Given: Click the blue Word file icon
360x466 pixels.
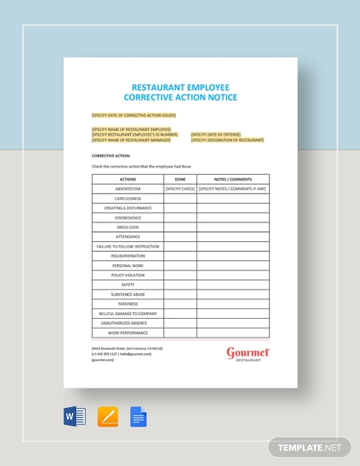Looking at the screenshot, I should click(x=74, y=418).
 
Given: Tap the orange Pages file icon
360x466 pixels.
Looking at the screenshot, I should click(x=107, y=418).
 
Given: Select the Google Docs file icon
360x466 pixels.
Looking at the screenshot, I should click(x=138, y=418).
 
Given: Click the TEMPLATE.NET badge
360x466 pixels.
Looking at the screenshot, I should click(x=308, y=448).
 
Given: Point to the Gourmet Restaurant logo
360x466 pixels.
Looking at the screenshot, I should click(x=248, y=353).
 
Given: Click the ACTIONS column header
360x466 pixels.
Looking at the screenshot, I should click(x=128, y=179).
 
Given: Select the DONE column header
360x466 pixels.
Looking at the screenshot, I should click(x=180, y=179).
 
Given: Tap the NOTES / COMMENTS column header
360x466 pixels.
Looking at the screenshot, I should click(x=232, y=179).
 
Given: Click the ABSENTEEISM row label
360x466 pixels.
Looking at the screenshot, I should click(x=128, y=189).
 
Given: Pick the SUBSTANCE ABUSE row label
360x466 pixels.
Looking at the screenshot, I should click(x=128, y=294).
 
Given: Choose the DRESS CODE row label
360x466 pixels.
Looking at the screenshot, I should click(x=128, y=227).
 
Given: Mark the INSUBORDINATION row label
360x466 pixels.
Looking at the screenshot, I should click(x=128, y=256).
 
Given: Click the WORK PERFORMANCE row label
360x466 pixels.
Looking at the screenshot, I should click(x=128, y=333).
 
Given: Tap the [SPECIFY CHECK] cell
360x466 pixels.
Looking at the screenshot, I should click(x=180, y=189).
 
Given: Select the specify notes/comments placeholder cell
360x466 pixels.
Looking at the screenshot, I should click(x=232, y=189).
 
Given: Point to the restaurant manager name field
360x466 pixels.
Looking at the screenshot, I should click(x=131, y=140).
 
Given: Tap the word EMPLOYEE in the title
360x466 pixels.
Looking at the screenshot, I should click(x=200, y=87).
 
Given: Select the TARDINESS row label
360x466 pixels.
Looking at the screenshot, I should click(x=128, y=304).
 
